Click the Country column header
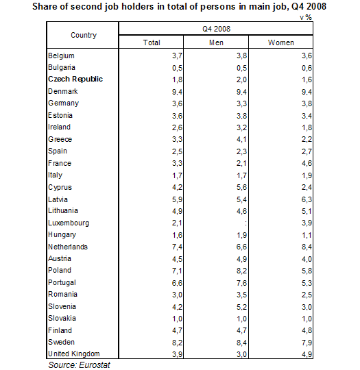tap(83, 35)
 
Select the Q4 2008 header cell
tap(216, 29)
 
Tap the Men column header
tap(216, 42)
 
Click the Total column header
tap(152, 42)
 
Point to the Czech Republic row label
tap(75, 79)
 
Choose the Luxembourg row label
tap(68, 223)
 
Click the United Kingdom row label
tap(73, 354)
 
